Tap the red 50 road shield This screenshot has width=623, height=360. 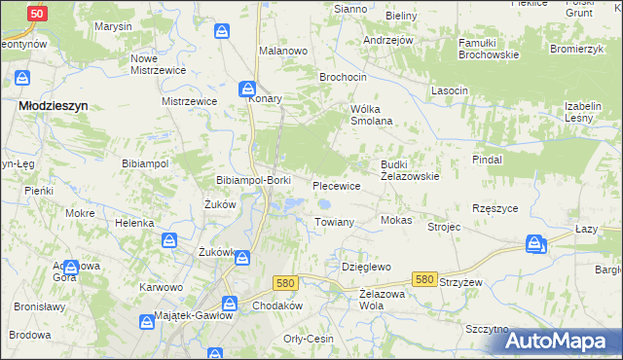point(36,14)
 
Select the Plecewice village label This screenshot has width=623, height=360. point(337,185)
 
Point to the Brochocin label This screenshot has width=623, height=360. point(344,75)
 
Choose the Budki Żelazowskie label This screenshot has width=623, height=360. point(410,171)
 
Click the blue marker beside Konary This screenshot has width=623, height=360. point(248,90)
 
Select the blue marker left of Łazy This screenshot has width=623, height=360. point(535,244)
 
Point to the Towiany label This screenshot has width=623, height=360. point(333,223)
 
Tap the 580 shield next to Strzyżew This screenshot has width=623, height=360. point(423,279)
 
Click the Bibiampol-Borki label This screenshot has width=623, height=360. point(253,181)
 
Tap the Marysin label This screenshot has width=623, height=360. point(113,26)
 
